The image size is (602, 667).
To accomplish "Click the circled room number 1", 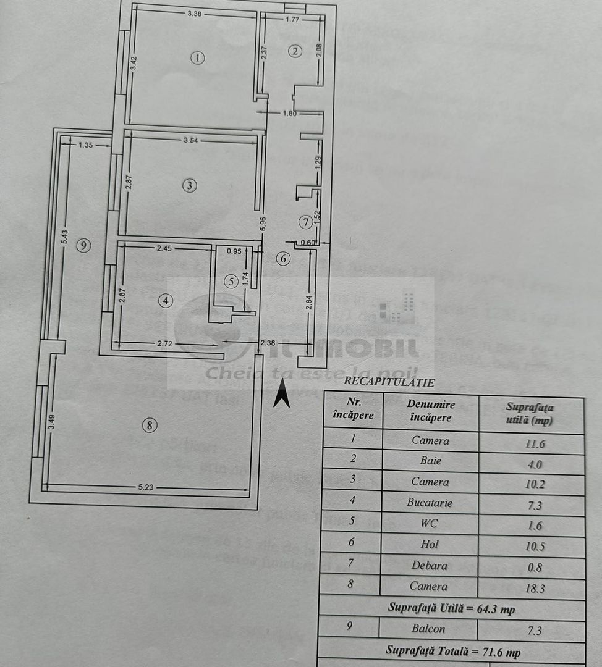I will pos(197,58).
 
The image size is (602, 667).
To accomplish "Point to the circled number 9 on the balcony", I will pos(85,245).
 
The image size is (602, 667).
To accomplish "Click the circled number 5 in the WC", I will pos(231,281).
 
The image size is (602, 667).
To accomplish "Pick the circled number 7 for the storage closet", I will pos(304,221).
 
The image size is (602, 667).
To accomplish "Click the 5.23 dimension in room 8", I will pos(145,487).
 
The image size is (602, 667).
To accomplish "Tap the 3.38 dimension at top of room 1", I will pos(197,14).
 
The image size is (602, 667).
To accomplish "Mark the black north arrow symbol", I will pos(282,393).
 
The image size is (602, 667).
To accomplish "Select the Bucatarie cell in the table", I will pos(430,503).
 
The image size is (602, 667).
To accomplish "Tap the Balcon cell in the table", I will pos(430,629).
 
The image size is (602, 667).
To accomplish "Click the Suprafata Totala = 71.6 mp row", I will pos(452,651).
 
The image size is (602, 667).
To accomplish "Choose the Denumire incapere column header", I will pos(431,411).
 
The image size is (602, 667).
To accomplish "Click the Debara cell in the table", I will pos(430,565).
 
